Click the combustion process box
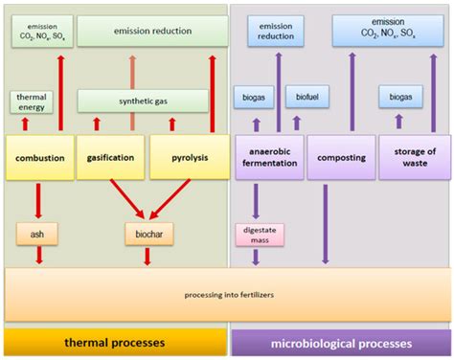[39, 156]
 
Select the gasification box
[110, 156]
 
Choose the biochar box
[147, 233]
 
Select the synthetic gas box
[142, 101]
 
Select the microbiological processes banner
[341, 342]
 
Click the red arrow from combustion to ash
[39, 201]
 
